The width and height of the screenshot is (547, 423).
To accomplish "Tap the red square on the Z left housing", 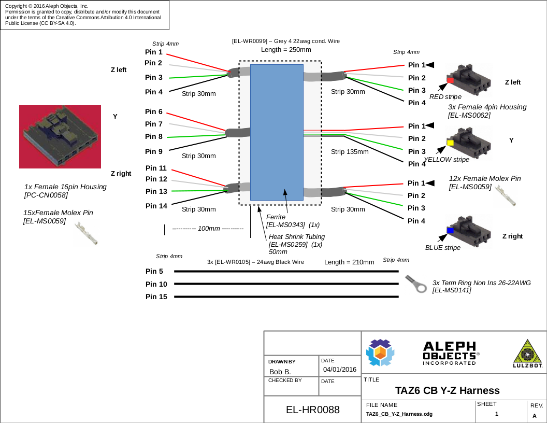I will (450, 80).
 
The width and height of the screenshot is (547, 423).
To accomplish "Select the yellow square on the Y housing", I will (450, 143).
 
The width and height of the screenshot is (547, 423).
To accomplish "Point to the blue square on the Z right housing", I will (450, 230).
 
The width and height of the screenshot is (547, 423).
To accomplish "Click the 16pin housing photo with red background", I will (60, 137).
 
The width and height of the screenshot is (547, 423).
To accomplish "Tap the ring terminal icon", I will (416, 284).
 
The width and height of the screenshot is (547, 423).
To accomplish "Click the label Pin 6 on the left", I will (154, 112).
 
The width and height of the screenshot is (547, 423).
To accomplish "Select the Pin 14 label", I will (156, 206).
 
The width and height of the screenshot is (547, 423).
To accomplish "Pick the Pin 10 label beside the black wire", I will (156, 284).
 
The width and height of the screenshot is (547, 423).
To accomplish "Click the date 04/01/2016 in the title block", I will (340, 370).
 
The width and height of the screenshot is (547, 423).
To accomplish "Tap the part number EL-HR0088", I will (313, 410).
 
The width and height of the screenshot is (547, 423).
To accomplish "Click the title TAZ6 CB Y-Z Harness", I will (447, 390).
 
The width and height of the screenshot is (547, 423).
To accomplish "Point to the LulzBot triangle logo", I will (527, 353).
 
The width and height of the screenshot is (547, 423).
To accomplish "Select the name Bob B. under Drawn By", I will (280, 372).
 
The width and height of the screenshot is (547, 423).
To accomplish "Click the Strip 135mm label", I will (350, 152).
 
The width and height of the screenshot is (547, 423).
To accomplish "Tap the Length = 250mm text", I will (286, 50).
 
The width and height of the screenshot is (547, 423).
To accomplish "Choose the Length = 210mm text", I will (349, 262).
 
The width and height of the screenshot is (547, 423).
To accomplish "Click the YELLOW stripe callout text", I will (447, 160).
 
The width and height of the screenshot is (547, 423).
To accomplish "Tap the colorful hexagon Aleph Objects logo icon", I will (380, 353).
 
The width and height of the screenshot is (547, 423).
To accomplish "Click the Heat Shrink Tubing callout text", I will (297, 237).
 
